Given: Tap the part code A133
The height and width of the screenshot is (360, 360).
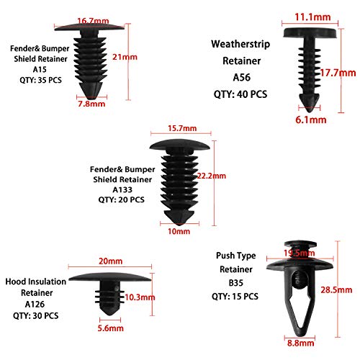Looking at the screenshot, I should tap(120, 190).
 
